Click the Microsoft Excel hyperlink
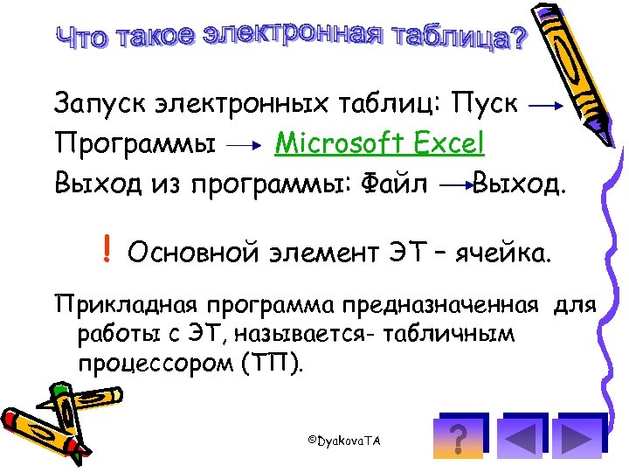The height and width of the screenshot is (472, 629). tap(379, 142)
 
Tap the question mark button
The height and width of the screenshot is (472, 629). tap(455, 439)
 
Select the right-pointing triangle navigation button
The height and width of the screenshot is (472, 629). tap(577, 439)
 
